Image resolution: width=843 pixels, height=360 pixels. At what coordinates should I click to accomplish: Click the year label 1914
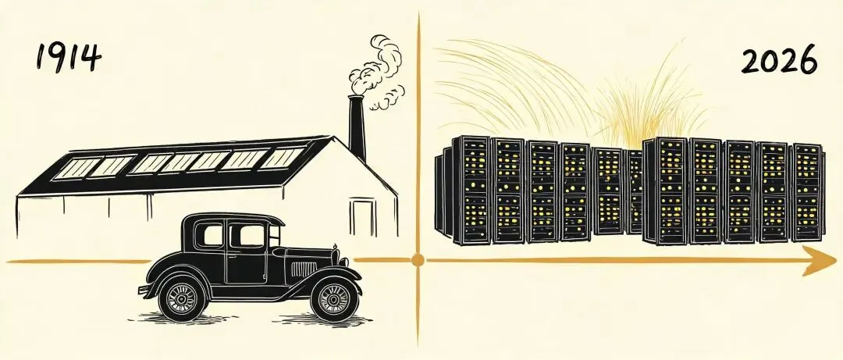pos(68,58)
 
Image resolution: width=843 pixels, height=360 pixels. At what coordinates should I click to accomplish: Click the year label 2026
pos(779,59)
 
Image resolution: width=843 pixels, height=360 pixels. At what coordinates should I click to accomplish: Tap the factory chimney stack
pos(357,128)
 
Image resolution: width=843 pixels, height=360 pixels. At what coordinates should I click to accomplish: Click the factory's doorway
pos(364,217)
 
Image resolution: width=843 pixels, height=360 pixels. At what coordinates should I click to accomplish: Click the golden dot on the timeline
pos(418,261)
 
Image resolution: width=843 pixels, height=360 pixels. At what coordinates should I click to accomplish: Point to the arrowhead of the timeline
pos(820,261)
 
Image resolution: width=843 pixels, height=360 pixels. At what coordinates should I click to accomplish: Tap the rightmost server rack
pos(807,193)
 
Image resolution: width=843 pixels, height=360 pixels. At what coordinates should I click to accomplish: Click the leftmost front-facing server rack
pos(471,190)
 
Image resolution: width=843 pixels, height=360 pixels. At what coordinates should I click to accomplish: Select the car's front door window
pos(247,235)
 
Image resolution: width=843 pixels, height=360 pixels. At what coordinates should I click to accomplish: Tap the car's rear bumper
pos(145,289)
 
